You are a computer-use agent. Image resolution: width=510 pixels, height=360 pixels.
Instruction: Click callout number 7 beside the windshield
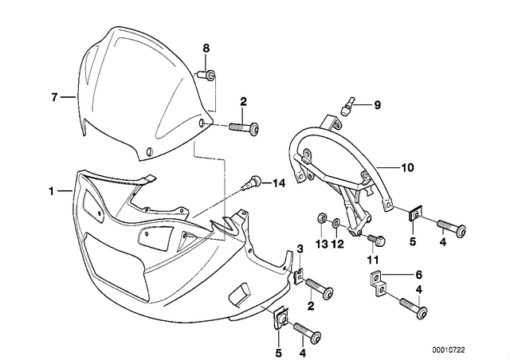coord(54,96)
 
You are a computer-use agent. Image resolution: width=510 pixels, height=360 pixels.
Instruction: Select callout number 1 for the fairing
coord(51,191)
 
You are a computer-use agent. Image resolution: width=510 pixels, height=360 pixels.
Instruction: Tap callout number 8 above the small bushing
coord(206,49)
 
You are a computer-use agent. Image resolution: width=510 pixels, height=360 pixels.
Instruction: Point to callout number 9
coord(377,105)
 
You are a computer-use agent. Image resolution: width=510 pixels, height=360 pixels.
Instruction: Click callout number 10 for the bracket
coord(407,167)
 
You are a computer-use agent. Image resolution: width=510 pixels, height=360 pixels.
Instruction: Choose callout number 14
coord(279,184)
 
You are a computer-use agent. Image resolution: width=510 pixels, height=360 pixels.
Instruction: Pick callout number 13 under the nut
coord(322,244)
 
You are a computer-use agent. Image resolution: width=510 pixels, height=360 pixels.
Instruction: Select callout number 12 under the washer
coord(337,244)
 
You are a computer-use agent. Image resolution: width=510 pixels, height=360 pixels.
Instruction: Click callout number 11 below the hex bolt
coord(373,260)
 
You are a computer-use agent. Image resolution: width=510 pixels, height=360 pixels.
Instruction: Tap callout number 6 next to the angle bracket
coord(418,275)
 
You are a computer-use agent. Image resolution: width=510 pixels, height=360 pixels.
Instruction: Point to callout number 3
coord(300,249)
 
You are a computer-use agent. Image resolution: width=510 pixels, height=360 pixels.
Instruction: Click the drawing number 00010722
coord(449,350)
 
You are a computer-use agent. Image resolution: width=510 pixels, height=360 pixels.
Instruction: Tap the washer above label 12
coord(336,223)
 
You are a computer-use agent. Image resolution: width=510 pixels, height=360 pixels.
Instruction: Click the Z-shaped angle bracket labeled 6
coord(379,284)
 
